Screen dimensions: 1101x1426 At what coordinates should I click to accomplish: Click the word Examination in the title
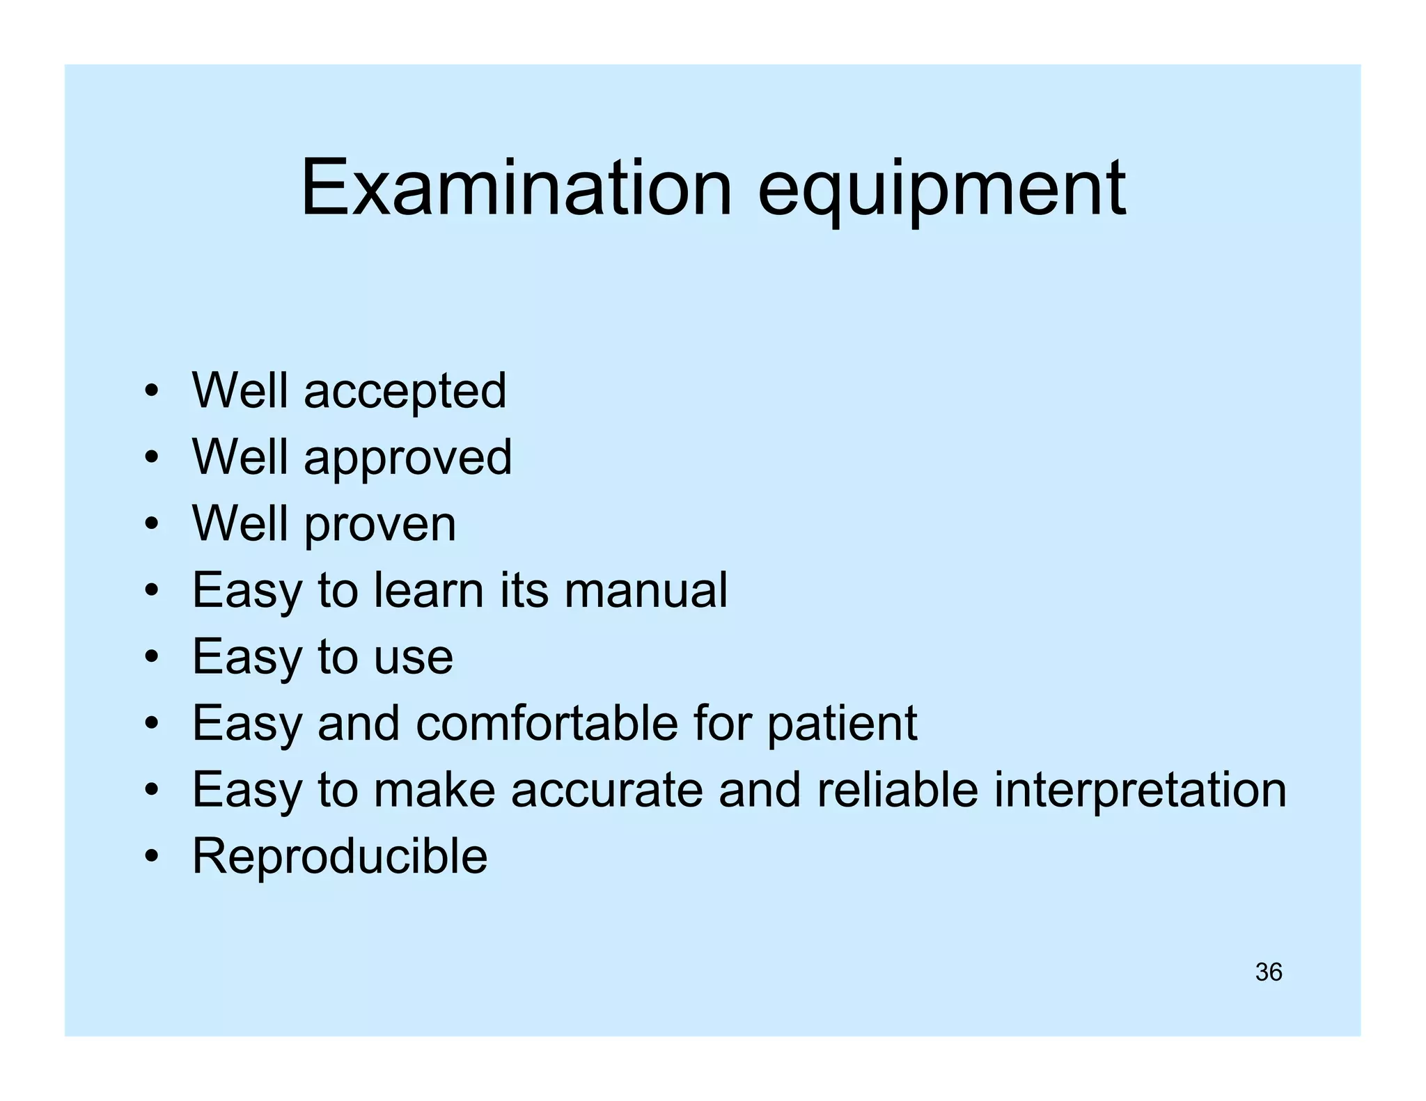point(516,188)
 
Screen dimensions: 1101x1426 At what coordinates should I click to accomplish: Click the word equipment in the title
point(941,191)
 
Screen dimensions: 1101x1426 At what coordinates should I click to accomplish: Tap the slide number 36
point(1268,972)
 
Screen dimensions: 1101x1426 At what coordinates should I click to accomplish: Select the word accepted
point(405,392)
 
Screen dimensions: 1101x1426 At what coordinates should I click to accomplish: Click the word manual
point(645,590)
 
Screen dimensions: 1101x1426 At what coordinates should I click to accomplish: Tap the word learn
point(428,590)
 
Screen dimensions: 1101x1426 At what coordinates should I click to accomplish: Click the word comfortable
point(547,723)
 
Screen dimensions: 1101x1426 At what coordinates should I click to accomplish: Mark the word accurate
point(606,790)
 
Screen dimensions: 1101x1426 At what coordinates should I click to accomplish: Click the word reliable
point(898,790)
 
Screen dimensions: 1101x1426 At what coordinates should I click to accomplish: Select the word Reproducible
point(340,857)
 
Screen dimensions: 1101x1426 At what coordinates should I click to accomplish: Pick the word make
point(434,790)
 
